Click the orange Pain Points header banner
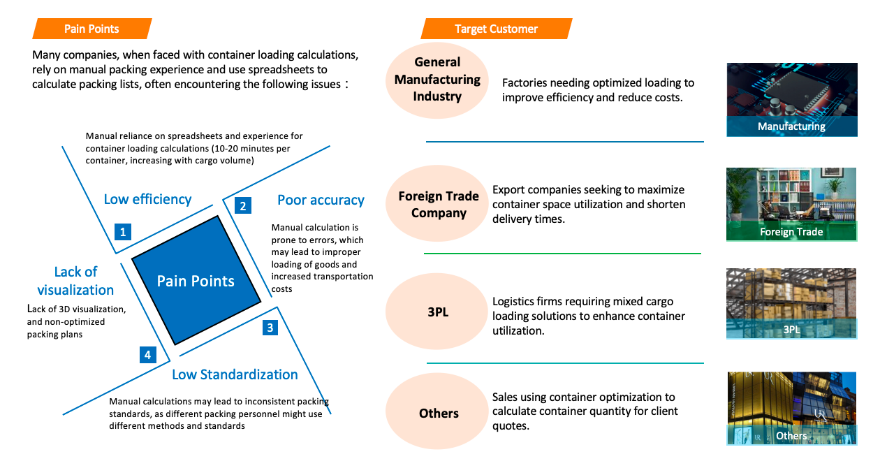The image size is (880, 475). (x=91, y=29)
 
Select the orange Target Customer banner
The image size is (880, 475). (x=496, y=29)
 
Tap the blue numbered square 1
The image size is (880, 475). (x=123, y=232)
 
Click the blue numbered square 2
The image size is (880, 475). (x=242, y=205)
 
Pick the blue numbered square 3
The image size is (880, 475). (x=271, y=327)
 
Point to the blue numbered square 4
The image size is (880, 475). (x=147, y=355)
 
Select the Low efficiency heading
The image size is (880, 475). (x=147, y=199)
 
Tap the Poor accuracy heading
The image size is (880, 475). (x=321, y=200)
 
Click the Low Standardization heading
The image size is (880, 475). (x=235, y=374)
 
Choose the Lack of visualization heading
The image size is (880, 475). (x=75, y=281)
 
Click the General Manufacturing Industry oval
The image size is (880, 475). (x=437, y=79)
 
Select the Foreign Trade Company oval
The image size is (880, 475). (x=439, y=204)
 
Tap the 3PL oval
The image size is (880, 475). (x=438, y=312)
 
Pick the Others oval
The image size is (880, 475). (x=439, y=413)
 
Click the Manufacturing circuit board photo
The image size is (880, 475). (x=792, y=99)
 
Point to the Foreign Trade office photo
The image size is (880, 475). (x=791, y=204)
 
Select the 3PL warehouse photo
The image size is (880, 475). (x=791, y=304)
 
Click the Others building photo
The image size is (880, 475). (x=791, y=408)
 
